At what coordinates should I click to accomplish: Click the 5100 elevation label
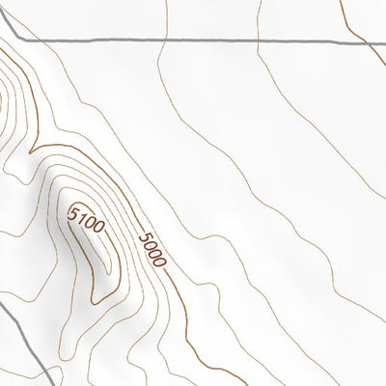87,223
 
